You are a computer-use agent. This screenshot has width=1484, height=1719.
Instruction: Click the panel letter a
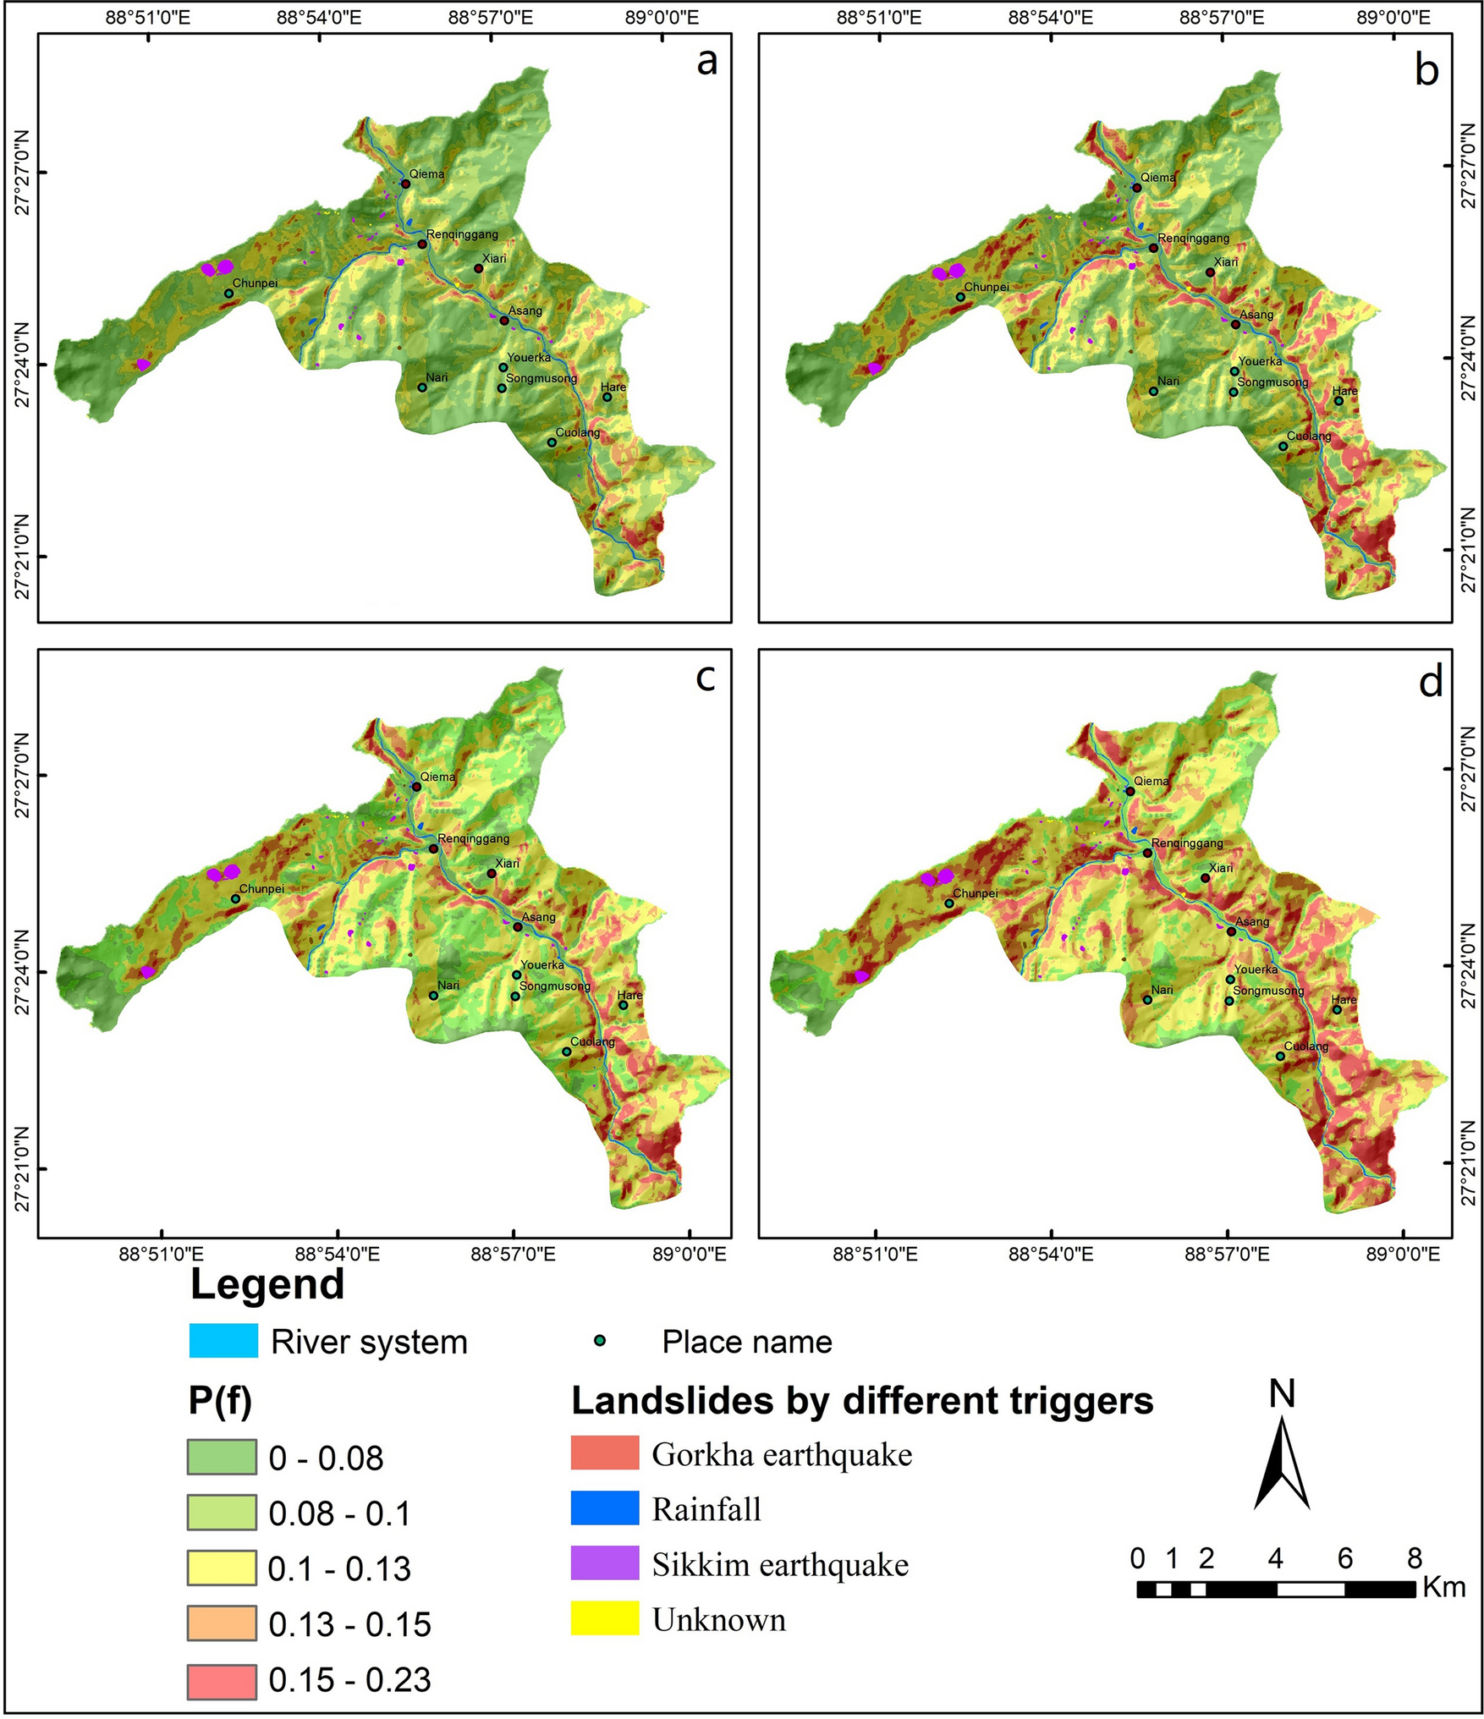pos(706,62)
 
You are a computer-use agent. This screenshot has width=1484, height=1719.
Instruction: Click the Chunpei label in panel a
pos(255,283)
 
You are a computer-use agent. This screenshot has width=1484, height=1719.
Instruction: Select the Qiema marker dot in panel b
pos(1136,188)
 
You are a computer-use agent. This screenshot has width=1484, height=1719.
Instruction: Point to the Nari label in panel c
pos(448,985)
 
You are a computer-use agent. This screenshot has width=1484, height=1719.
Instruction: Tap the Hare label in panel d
pos(1344,999)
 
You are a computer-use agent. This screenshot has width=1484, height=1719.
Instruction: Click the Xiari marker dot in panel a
pos(478,268)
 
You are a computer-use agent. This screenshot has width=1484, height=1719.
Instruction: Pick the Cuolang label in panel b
pos(1309,437)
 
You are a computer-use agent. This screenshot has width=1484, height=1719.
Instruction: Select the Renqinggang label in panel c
pos(473,838)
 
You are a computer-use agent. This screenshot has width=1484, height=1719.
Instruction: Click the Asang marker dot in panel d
pos(1231,931)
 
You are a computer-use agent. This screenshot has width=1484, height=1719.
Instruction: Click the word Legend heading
pos(267,1284)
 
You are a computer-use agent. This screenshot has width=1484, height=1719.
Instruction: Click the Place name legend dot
pos(600,1341)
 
